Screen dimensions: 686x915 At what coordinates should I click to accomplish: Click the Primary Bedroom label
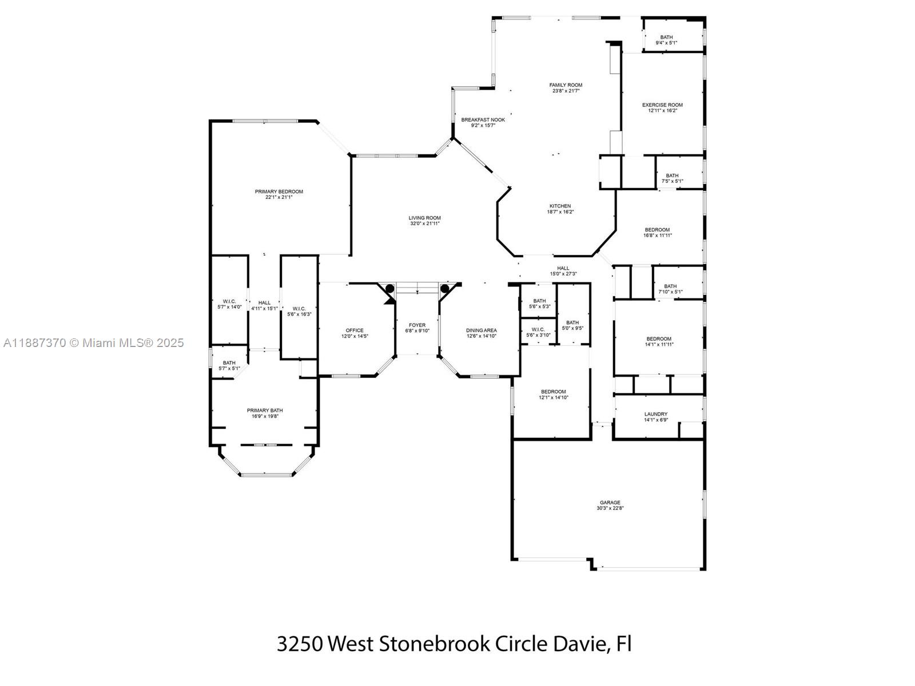click(279, 192)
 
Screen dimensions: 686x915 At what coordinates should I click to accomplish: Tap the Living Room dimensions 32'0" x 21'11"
click(425, 224)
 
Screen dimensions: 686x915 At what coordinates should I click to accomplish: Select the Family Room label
click(566, 85)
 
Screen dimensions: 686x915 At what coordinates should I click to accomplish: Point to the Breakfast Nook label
click(483, 119)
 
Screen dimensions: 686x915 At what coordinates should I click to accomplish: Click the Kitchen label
click(560, 206)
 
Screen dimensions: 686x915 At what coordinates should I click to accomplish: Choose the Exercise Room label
click(662, 105)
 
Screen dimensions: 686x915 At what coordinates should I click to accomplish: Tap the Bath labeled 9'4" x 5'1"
click(666, 40)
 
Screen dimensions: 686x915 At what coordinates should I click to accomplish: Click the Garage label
click(610, 502)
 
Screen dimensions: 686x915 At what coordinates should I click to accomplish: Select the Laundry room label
click(655, 414)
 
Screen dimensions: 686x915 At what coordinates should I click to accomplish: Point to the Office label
click(354, 330)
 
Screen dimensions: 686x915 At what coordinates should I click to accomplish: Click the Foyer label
click(417, 325)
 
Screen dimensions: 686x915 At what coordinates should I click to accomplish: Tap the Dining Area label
click(481, 330)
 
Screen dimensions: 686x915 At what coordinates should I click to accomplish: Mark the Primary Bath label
click(265, 410)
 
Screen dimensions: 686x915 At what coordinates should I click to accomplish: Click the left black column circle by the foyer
click(390, 288)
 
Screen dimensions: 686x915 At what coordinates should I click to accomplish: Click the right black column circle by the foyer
click(444, 288)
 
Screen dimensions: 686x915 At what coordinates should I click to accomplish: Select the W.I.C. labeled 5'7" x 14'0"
click(229, 304)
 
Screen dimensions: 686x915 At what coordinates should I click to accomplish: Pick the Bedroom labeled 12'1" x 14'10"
click(553, 394)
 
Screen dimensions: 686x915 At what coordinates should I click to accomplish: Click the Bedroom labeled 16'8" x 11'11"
click(657, 232)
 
